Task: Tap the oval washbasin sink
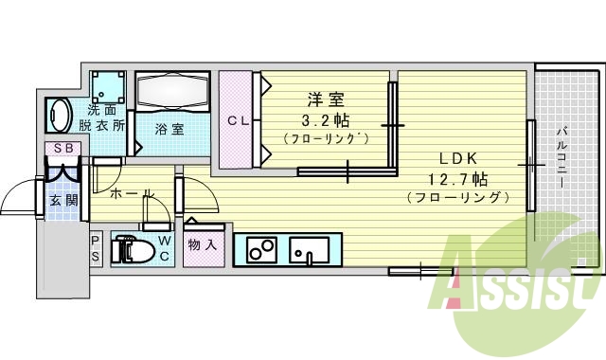click(58, 116)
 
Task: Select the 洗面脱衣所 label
click(107, 117)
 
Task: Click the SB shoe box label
click(64, 148)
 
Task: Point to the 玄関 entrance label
click(63, 200)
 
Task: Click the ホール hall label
click(133, 193)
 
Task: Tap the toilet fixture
click(131, 250)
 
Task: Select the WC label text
click(164, 248)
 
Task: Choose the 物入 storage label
click(203, 245)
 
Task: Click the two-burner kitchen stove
click(260, 250)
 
